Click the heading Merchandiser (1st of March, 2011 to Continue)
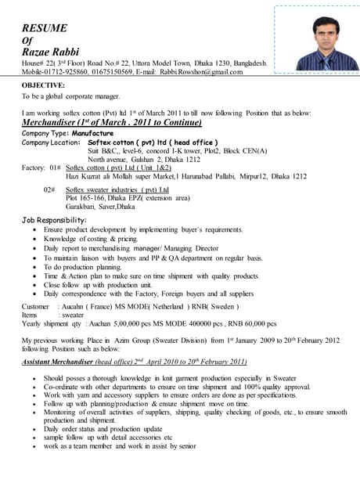[x=111, y=122]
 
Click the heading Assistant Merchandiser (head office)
[x=72, y=362]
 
